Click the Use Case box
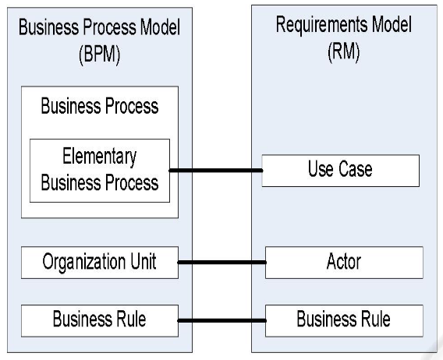click(x=341, y=171)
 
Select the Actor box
click(x=344, y=263)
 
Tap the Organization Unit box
click(x=100, y=263)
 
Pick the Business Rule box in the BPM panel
click(x=100, y=320)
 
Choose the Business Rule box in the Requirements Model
click(x=344, y=320)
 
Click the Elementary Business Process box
click(x=100, y=171)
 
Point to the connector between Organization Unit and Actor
click(x=221, y=263)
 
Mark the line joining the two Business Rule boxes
click(x=221, y=320)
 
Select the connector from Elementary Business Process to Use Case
click(x=216, y=170)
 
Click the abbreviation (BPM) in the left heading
click(x=100, y=54)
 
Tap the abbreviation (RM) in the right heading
click(x=343, y=51)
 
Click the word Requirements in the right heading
click(x=321, y=25)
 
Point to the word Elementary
click(x=100, y=157)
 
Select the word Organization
click(x=84, y=262)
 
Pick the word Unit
click(x=144, y=261)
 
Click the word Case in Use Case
click(x=356, y=169)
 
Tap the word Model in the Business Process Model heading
click(x=160, y=27)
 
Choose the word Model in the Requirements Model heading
click(x=392, y=25)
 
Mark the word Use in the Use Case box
click(x=321, y=169)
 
